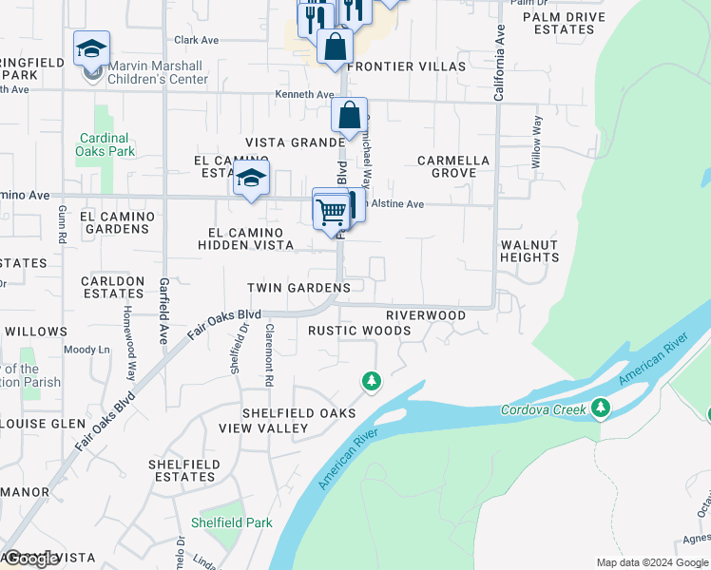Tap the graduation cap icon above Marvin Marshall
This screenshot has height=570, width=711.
(92, 48)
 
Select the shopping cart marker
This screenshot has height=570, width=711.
(330, 210)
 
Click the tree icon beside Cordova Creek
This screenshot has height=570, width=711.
(599, 408)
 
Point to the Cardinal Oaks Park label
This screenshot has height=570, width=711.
(106, 144)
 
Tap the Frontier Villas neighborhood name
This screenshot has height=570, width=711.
(407, 66)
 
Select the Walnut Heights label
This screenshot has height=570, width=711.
(529, 251)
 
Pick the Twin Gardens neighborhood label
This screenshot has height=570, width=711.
(298, 288)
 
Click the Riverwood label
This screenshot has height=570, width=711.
(426, 315)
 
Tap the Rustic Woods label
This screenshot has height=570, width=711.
(359, 331)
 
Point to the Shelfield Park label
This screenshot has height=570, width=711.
(231, 522)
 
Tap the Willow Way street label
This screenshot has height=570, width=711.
(537, 142)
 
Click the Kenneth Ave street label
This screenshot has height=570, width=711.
(304, 95)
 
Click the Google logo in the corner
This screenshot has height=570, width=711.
(30, 560)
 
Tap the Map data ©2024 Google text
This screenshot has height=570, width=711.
(652, 562)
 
